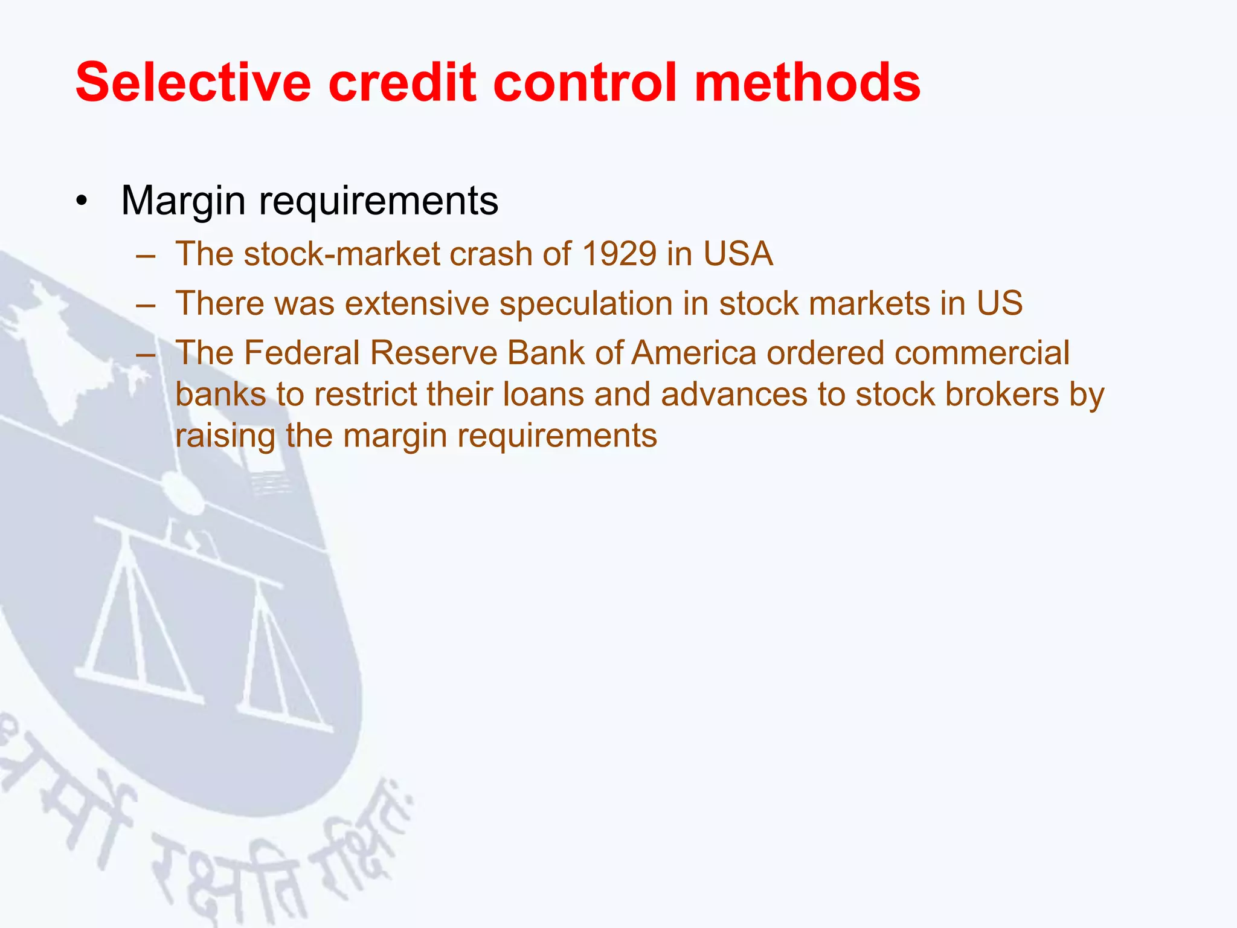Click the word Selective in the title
click(193, 82)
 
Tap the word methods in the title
click(807, 82)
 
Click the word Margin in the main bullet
click(183, 201)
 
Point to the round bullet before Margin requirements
click(82, 201)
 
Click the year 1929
click(618, 254)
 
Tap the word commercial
click(982, 353)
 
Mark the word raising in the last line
click(225, 436)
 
